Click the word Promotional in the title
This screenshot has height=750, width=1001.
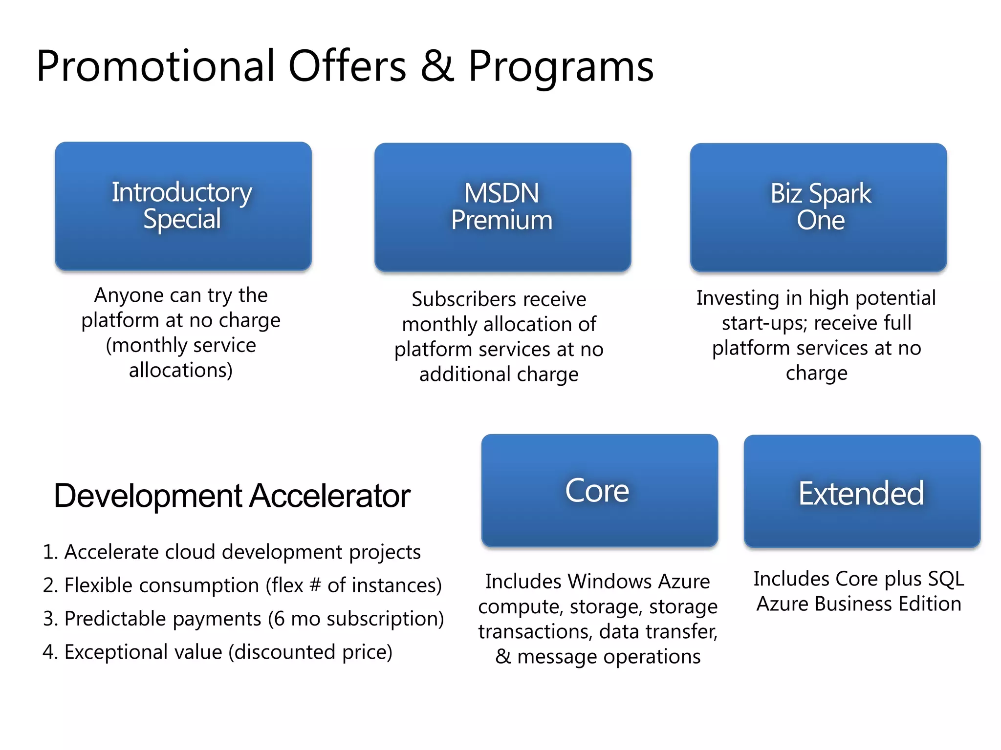tap(155, 66)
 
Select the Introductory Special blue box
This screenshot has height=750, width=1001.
tap(183, 206)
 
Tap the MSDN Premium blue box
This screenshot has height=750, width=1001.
tap(502, 207)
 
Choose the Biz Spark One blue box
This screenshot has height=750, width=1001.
tap(818, 207)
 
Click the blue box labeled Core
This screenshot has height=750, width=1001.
tap(599, 490)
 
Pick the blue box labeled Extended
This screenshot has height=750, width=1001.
tap(862, 491)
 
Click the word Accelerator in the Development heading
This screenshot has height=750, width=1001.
tap(330, 496)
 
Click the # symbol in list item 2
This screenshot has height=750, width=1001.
tap(315, 585)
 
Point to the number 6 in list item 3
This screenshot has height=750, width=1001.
tap(279, 619)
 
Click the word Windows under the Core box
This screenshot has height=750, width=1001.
tap(609, 582)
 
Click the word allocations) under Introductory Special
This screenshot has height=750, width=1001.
tap(181, 371)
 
